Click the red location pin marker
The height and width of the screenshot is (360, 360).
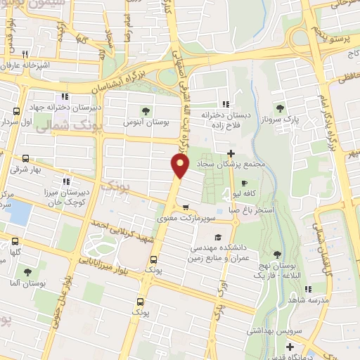tap(181, 166)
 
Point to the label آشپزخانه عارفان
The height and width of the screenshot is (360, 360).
tap(27, 65)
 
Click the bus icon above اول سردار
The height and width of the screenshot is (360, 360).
tap(17, 111)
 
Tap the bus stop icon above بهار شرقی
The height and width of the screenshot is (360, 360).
tap(25, 159)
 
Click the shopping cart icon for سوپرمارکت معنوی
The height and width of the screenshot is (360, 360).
tap(186, 207)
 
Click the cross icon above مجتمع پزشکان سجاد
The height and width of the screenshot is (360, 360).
tap(231, 153)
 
